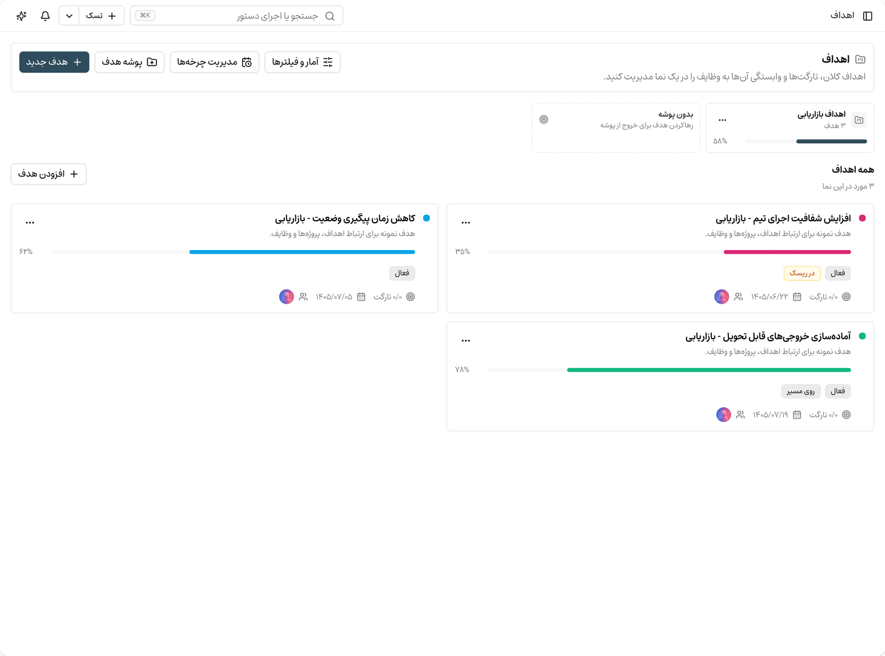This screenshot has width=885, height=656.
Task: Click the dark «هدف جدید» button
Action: [x=54, y=62]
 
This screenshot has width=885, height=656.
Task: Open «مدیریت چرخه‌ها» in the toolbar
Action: [x=214, y=62]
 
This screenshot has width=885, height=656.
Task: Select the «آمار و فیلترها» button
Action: [x=303, y=62]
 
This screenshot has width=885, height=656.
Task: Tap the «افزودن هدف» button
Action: [x=49, y=174]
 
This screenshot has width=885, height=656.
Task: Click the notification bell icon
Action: [x=45, y=15]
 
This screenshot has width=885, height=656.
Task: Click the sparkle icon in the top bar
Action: [x=22, y=15]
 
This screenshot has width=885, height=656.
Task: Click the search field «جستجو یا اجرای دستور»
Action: [x=237, y=15]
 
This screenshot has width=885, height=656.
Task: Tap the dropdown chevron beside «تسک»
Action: [x=69, y=15]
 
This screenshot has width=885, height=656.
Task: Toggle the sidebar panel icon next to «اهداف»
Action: [x=867, y=15]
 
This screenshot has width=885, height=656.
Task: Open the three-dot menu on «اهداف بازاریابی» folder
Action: [x=722, y=119]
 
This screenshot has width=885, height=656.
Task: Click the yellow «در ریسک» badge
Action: [x=802, y=273]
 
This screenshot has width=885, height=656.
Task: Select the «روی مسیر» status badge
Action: [x=800, y=391]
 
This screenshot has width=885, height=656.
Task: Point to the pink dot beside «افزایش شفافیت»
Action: [x=862, y=218]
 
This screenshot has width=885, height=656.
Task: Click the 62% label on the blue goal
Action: [x=26, y=251]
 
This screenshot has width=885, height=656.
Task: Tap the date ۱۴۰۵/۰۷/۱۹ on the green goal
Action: [x=771, y=415]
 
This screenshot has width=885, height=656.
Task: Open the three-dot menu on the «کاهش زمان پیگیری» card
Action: [x=30, y=222]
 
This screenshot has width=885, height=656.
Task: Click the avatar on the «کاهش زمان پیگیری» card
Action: [x=287, y=296]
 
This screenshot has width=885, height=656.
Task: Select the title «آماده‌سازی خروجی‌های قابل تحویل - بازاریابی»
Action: [x=768, y=336]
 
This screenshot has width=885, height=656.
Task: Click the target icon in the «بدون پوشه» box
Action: [x=544, y=119]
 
